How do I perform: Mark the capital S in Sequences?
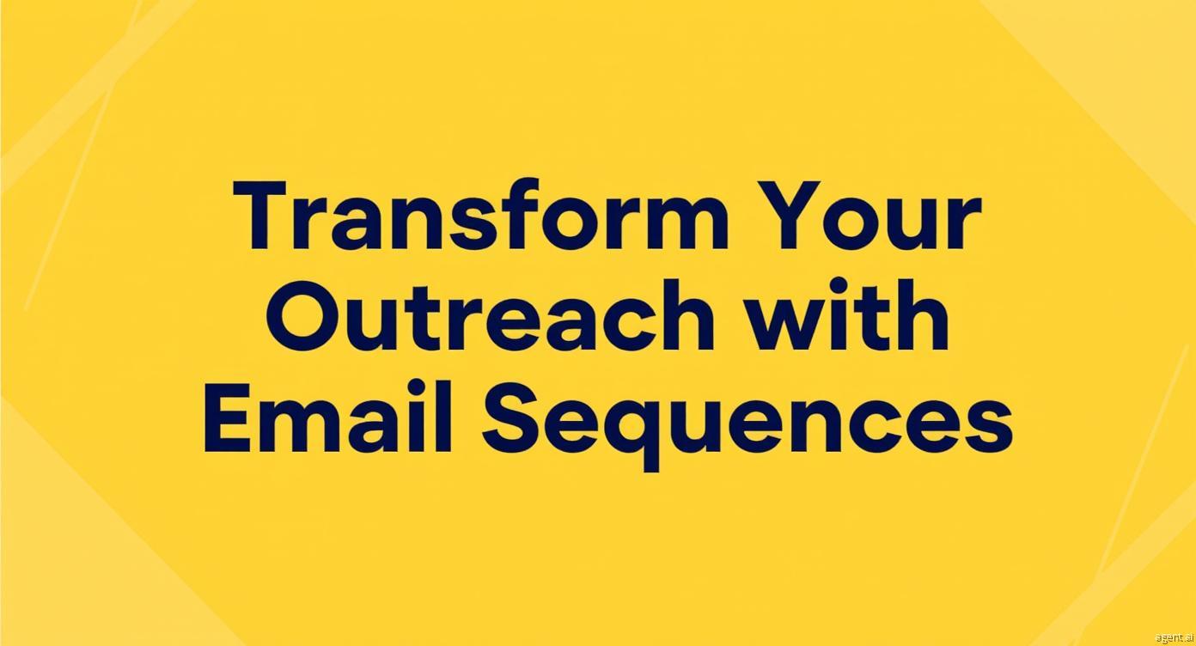tap(513, 417)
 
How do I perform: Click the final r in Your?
tap(962, 224)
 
